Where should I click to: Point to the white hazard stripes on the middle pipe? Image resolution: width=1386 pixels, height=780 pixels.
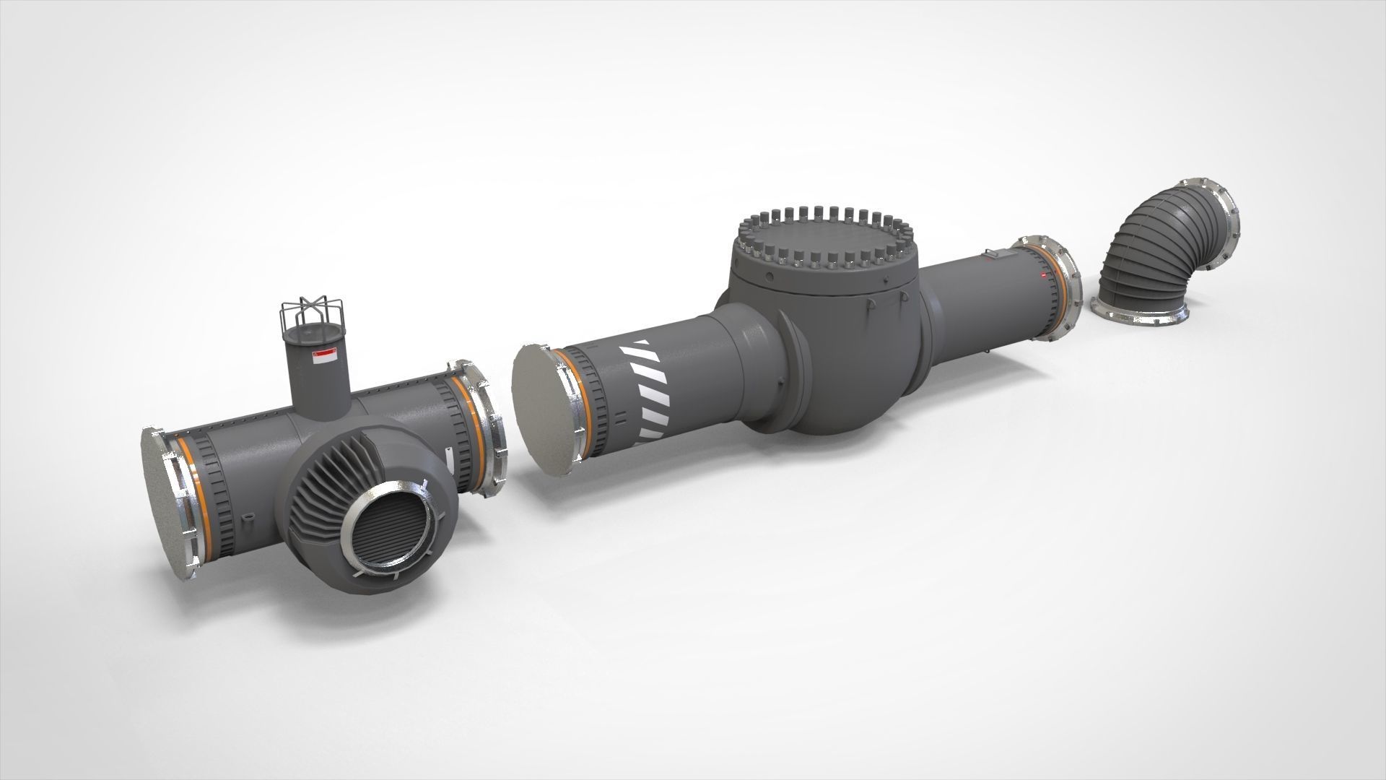point(650,390)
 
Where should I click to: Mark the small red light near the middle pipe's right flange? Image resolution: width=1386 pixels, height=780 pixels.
point(1042,275)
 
